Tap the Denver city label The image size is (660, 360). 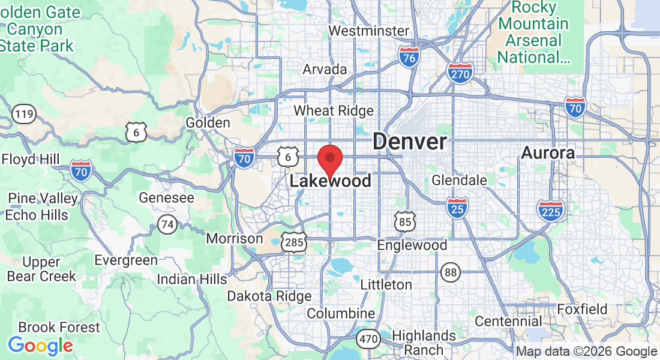point(410,142)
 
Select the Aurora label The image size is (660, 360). point(548,153)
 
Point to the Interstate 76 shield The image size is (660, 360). point(408,58)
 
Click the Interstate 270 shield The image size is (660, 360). point(460,73)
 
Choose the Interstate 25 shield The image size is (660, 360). point(457,208)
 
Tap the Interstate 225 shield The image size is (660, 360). point(551,210)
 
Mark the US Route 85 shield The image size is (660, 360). point(405,221)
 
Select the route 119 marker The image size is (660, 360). point(25,113)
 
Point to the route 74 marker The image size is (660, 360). point(167,224)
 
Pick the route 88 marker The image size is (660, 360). point(451,272)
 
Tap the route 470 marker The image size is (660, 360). point(368,339)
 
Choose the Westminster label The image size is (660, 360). point(369,31)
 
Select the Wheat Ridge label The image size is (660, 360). point(333,110)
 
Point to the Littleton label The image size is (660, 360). point(386,284)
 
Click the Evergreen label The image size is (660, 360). point(126,260)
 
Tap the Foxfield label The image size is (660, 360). point(582,310)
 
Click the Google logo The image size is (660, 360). point(40,346)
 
